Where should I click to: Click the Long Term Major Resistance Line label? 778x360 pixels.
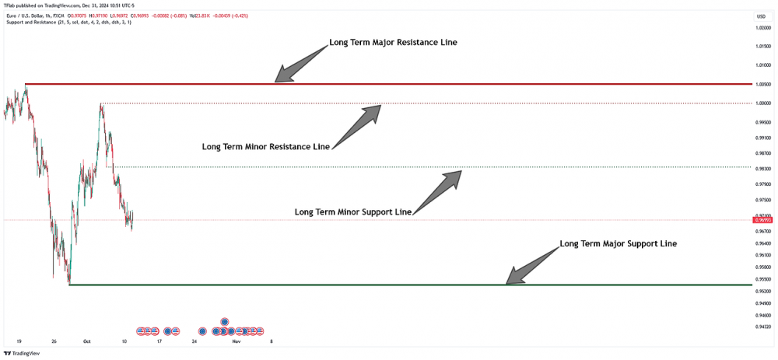point(393,42)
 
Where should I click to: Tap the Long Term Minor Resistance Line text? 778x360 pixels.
point(265,146)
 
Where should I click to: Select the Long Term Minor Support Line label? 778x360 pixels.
point(352,211)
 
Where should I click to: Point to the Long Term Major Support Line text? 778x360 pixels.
point(618,243)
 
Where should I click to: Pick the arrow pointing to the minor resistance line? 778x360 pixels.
point(358,124)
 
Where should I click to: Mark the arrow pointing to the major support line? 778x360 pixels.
point(534,262)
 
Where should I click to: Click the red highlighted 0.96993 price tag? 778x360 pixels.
point(762,220)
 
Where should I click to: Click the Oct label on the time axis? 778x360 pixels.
point(87,341)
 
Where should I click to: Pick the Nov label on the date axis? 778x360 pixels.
point(237,341)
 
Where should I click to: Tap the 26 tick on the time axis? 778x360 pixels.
point(54,341)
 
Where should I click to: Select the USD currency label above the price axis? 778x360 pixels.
point(760,16)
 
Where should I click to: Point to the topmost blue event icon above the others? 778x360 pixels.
point(224,321)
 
